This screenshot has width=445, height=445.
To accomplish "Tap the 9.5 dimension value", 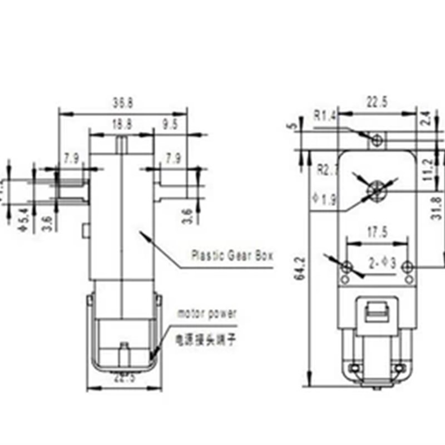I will pos(169,126).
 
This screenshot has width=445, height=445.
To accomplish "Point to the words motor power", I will pos(207,314).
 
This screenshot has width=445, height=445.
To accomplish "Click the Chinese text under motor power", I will pos(202,339).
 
